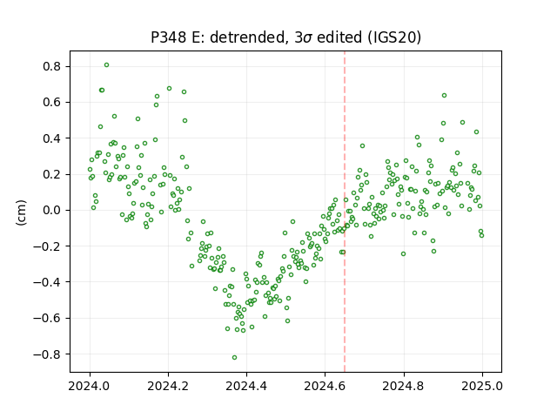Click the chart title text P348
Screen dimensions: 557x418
click(168, 37)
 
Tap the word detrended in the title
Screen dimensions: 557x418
click(248, 37)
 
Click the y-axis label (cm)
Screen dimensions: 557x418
click(21, 212)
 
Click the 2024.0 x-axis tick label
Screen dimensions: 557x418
click(90, 386)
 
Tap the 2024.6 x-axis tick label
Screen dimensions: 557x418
click(325, 386)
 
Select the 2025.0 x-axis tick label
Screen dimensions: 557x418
click(482, 386)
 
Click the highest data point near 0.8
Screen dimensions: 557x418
click(106, 64)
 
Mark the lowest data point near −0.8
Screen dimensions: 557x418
click(234, 357)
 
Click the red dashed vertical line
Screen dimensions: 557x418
click(345, 212)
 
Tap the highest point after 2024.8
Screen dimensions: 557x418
click(444, 95)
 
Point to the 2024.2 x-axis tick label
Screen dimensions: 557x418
click(168, 386)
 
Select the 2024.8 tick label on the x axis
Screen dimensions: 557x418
click(404, 386)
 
